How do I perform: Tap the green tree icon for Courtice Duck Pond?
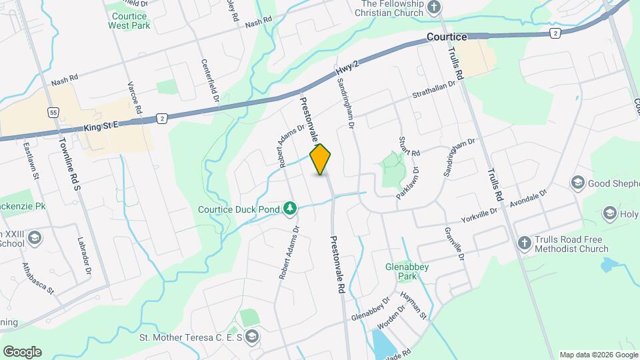289,209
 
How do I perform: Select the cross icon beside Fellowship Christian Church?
434,8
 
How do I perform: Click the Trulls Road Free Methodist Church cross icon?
524,243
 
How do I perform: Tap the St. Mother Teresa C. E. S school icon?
251,336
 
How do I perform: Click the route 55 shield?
54,113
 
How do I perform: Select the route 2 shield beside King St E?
161,118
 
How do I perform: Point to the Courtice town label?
447,37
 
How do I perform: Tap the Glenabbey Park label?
407,271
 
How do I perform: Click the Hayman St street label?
413,303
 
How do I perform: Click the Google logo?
22,352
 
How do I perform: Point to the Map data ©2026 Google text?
597,355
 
